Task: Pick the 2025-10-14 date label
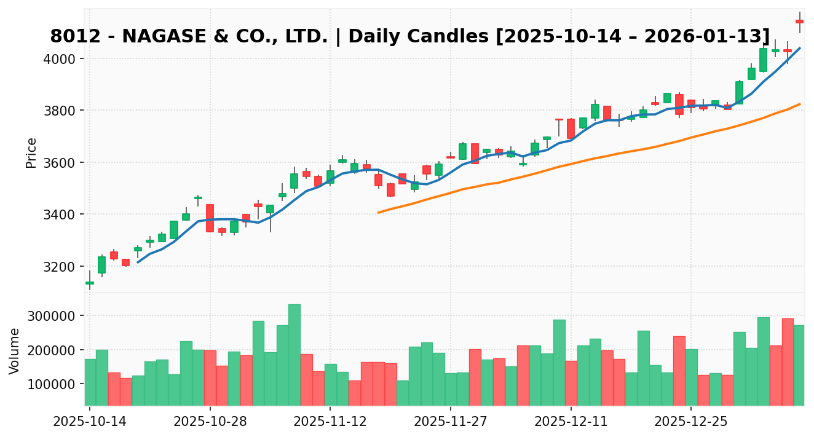pyautogui.click(x=90, y=422)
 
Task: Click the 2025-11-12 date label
pyautogui.click(x=330, y=422)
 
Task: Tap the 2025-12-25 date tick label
pyautogui.click(x=691, y=422)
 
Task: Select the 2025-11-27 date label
pyautogui.click(x=451, y=422)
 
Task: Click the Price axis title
pyautogui.click(x=31, y=152)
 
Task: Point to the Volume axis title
pyautogui.click(x=15, y=350)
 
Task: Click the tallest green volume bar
pyautogui.click(x=294, y=355)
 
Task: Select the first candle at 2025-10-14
pyautogui.click(x=90, y=283)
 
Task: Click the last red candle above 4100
pyautogui.click(x=799, y=22)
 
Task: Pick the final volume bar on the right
pyautogui.click(x=799, y=365)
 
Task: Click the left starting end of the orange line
pyautogui.click(x=378, y=213)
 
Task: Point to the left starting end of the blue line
pyautogui.click(x=138, y=262)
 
